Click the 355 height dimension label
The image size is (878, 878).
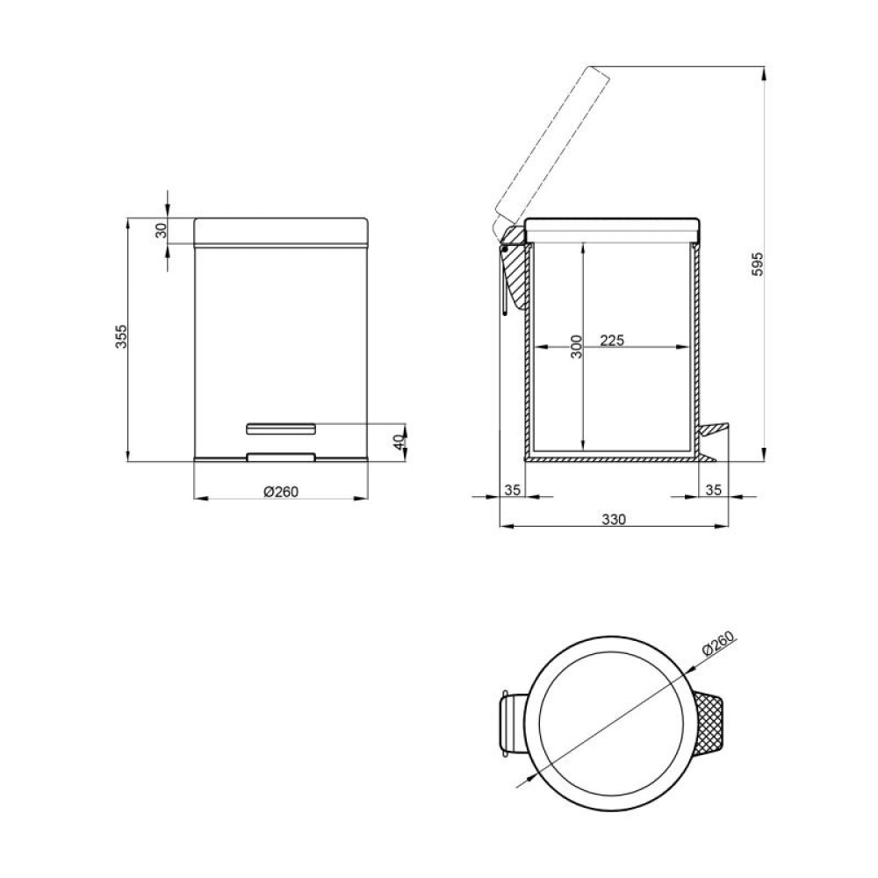click(x=121, y=336)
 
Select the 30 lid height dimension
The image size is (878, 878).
click(x=162, y=231)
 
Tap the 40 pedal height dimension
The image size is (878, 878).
click(x=399, y=443)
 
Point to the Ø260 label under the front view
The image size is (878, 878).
click(x=281, y=492)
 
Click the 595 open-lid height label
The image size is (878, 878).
click(x=757, y=263)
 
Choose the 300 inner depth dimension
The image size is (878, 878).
click(x=576, y=347)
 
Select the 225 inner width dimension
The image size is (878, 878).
click(x=612, y=340)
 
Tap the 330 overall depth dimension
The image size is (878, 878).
click(x=614, y=519)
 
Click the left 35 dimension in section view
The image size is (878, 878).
click(x=513, y=490)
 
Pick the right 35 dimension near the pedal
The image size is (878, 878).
click(x=713, y=490)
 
